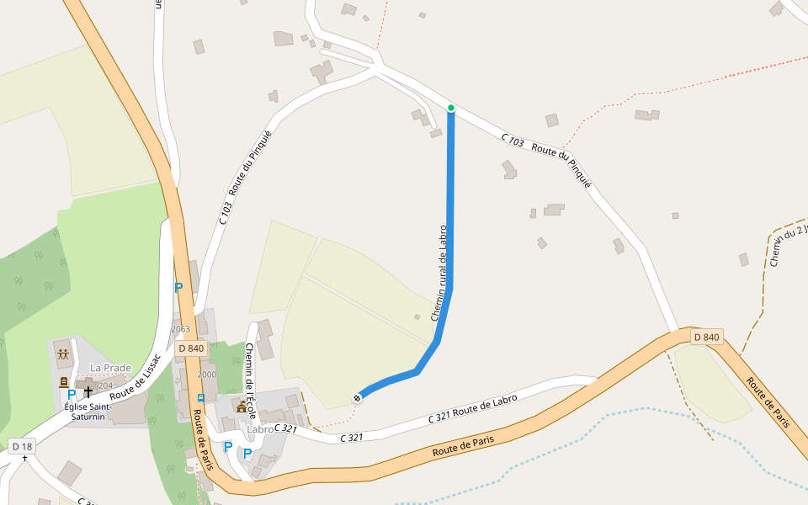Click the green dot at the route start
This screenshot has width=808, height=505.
coord(451,108)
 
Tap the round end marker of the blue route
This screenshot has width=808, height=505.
coord(358,397)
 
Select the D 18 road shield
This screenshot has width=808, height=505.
coord(22,445)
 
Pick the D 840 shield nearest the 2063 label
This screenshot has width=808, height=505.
coord(191,348)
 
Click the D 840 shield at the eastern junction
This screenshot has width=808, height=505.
coord(707,338)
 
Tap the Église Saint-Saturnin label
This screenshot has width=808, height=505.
coord(88,412)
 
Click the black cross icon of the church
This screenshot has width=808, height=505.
coord(88,391)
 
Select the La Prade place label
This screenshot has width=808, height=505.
coord(111,368)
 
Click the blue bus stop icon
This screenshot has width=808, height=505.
coord(200,397)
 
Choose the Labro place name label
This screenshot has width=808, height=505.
coord(261,429)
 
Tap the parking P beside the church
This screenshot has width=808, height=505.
coord(72,394)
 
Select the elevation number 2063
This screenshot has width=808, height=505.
coord(181,328)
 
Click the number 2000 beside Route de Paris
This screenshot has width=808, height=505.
coord(206,375)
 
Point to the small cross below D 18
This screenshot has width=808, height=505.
coord(24,459)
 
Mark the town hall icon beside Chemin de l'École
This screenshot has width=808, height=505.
coord(242,407)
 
